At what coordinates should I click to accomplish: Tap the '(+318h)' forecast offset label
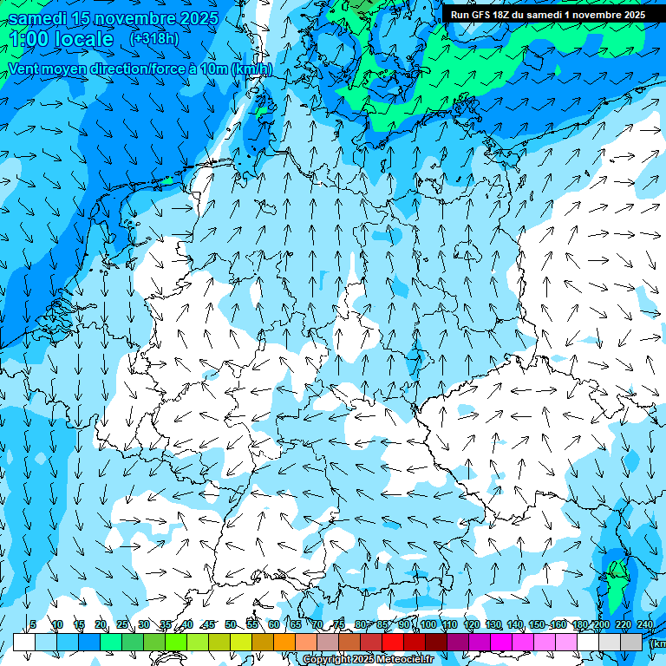click(x=153, y=38)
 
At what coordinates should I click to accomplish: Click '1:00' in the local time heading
click(x=29, y=39)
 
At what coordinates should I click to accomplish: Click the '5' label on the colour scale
click(x=33, y=624)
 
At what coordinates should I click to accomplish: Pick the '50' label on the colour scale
click(x=230, y=624)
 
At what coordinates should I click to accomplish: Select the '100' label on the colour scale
click(x=428, y=624)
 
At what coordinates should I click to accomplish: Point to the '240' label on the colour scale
click(x=644, y=624)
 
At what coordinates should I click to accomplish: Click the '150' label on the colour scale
click(x=536, y=624)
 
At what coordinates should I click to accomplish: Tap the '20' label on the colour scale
click(x=101, y=624)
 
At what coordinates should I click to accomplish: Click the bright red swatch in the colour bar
click(x=393, y=642)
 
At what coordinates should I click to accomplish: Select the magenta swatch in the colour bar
click(x=501, y=642)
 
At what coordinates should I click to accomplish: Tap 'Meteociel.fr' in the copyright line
click(x=405, y=660)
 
